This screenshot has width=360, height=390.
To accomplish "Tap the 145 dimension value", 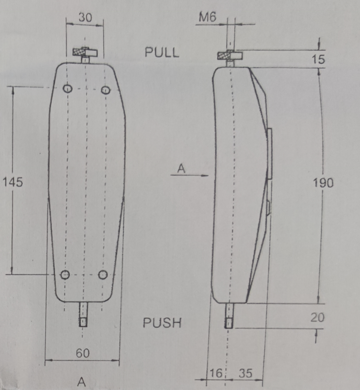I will (x=12, y=182).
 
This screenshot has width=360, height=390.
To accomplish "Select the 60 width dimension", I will (x=83, y=353).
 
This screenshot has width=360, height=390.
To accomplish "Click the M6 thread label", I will (x=208, y=17).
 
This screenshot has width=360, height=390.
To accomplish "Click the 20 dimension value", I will (x=317, y=317).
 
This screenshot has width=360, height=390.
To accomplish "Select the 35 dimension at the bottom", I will (x=245, y=373).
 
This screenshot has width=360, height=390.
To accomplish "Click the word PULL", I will (x=162, y=52).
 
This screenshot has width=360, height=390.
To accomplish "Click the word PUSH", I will (x=162, y=323).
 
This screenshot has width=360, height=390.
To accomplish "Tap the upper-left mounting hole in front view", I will (x=67, y=89).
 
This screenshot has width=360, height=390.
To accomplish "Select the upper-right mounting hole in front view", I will (x=105, y=89).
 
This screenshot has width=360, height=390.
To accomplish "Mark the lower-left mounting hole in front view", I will (x=66, y=274).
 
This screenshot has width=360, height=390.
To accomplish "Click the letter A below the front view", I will (x=82, y=381).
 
